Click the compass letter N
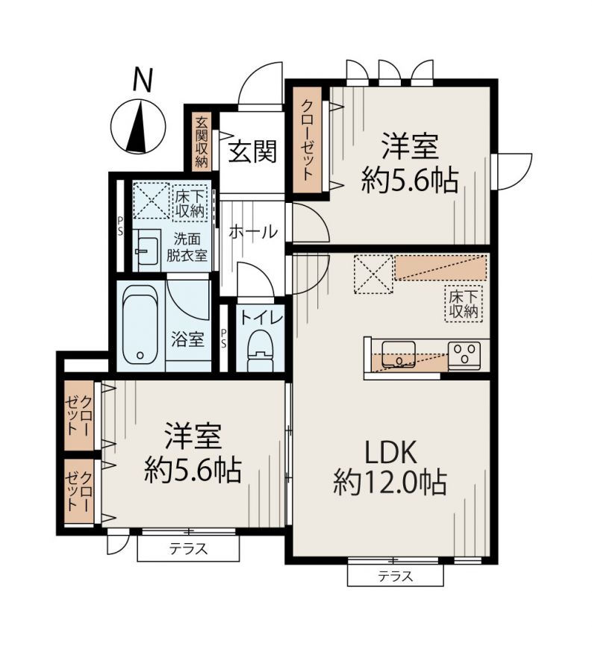pos(143,80)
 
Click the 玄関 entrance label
pos(252,151)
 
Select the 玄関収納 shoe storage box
pos(202,141)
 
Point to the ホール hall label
pos(253,232)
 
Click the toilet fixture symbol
pos(260,351)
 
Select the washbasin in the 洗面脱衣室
pos(147,251)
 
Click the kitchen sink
pos(398,354)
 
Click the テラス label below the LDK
pos(395,576)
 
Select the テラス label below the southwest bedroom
pos(188,549)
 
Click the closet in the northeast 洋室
pos(307,140)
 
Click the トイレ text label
pos(261,319)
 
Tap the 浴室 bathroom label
pos(187,340)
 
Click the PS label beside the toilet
pos(224,338)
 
